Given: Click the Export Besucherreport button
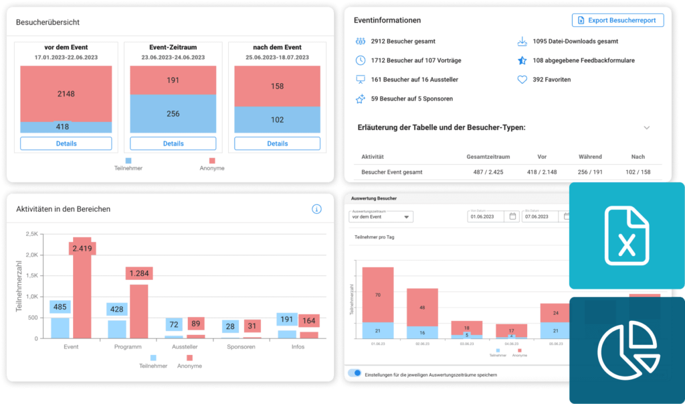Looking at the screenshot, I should point(617,20).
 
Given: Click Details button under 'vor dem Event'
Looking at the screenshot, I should point(66,143).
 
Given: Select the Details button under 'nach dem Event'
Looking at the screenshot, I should point(278,143).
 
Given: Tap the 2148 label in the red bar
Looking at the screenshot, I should point(66,93).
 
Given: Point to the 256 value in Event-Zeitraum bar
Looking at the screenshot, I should point(173,114).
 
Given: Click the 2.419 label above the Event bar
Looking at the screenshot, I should point(83,248).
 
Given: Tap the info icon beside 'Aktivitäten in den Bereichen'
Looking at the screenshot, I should point(317,209).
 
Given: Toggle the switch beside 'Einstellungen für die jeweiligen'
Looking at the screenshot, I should point(355,373).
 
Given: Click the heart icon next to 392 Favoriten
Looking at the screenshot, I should point(522,80).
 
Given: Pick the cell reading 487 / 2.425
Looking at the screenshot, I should point(488,172).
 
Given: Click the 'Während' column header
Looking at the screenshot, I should point(590,157).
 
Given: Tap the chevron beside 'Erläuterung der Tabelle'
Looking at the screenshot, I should point(646,127).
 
